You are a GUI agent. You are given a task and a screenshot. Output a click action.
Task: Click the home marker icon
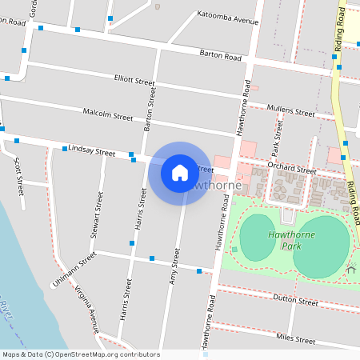180,172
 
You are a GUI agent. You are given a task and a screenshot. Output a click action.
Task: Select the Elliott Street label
134,81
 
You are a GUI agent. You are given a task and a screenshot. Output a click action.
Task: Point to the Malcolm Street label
108,116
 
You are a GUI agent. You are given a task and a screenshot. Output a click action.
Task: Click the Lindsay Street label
86,149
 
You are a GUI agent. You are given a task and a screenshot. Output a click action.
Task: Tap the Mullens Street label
291,110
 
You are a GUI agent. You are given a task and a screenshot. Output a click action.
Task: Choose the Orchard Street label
293,170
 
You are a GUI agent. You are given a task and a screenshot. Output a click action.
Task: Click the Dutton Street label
296,302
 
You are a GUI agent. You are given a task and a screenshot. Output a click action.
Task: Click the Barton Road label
220,55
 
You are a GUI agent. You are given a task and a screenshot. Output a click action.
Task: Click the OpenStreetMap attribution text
81,354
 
